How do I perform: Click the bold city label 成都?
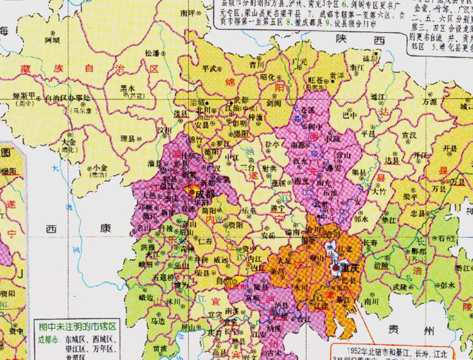coord(206,193)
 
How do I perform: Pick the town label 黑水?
coord(128,88)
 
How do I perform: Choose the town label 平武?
coord(210,68)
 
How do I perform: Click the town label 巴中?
coord(349,115)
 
